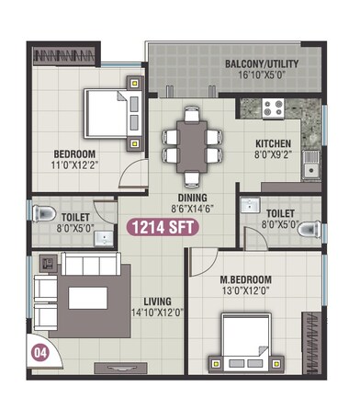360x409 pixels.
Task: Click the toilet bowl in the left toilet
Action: [42, 212]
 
